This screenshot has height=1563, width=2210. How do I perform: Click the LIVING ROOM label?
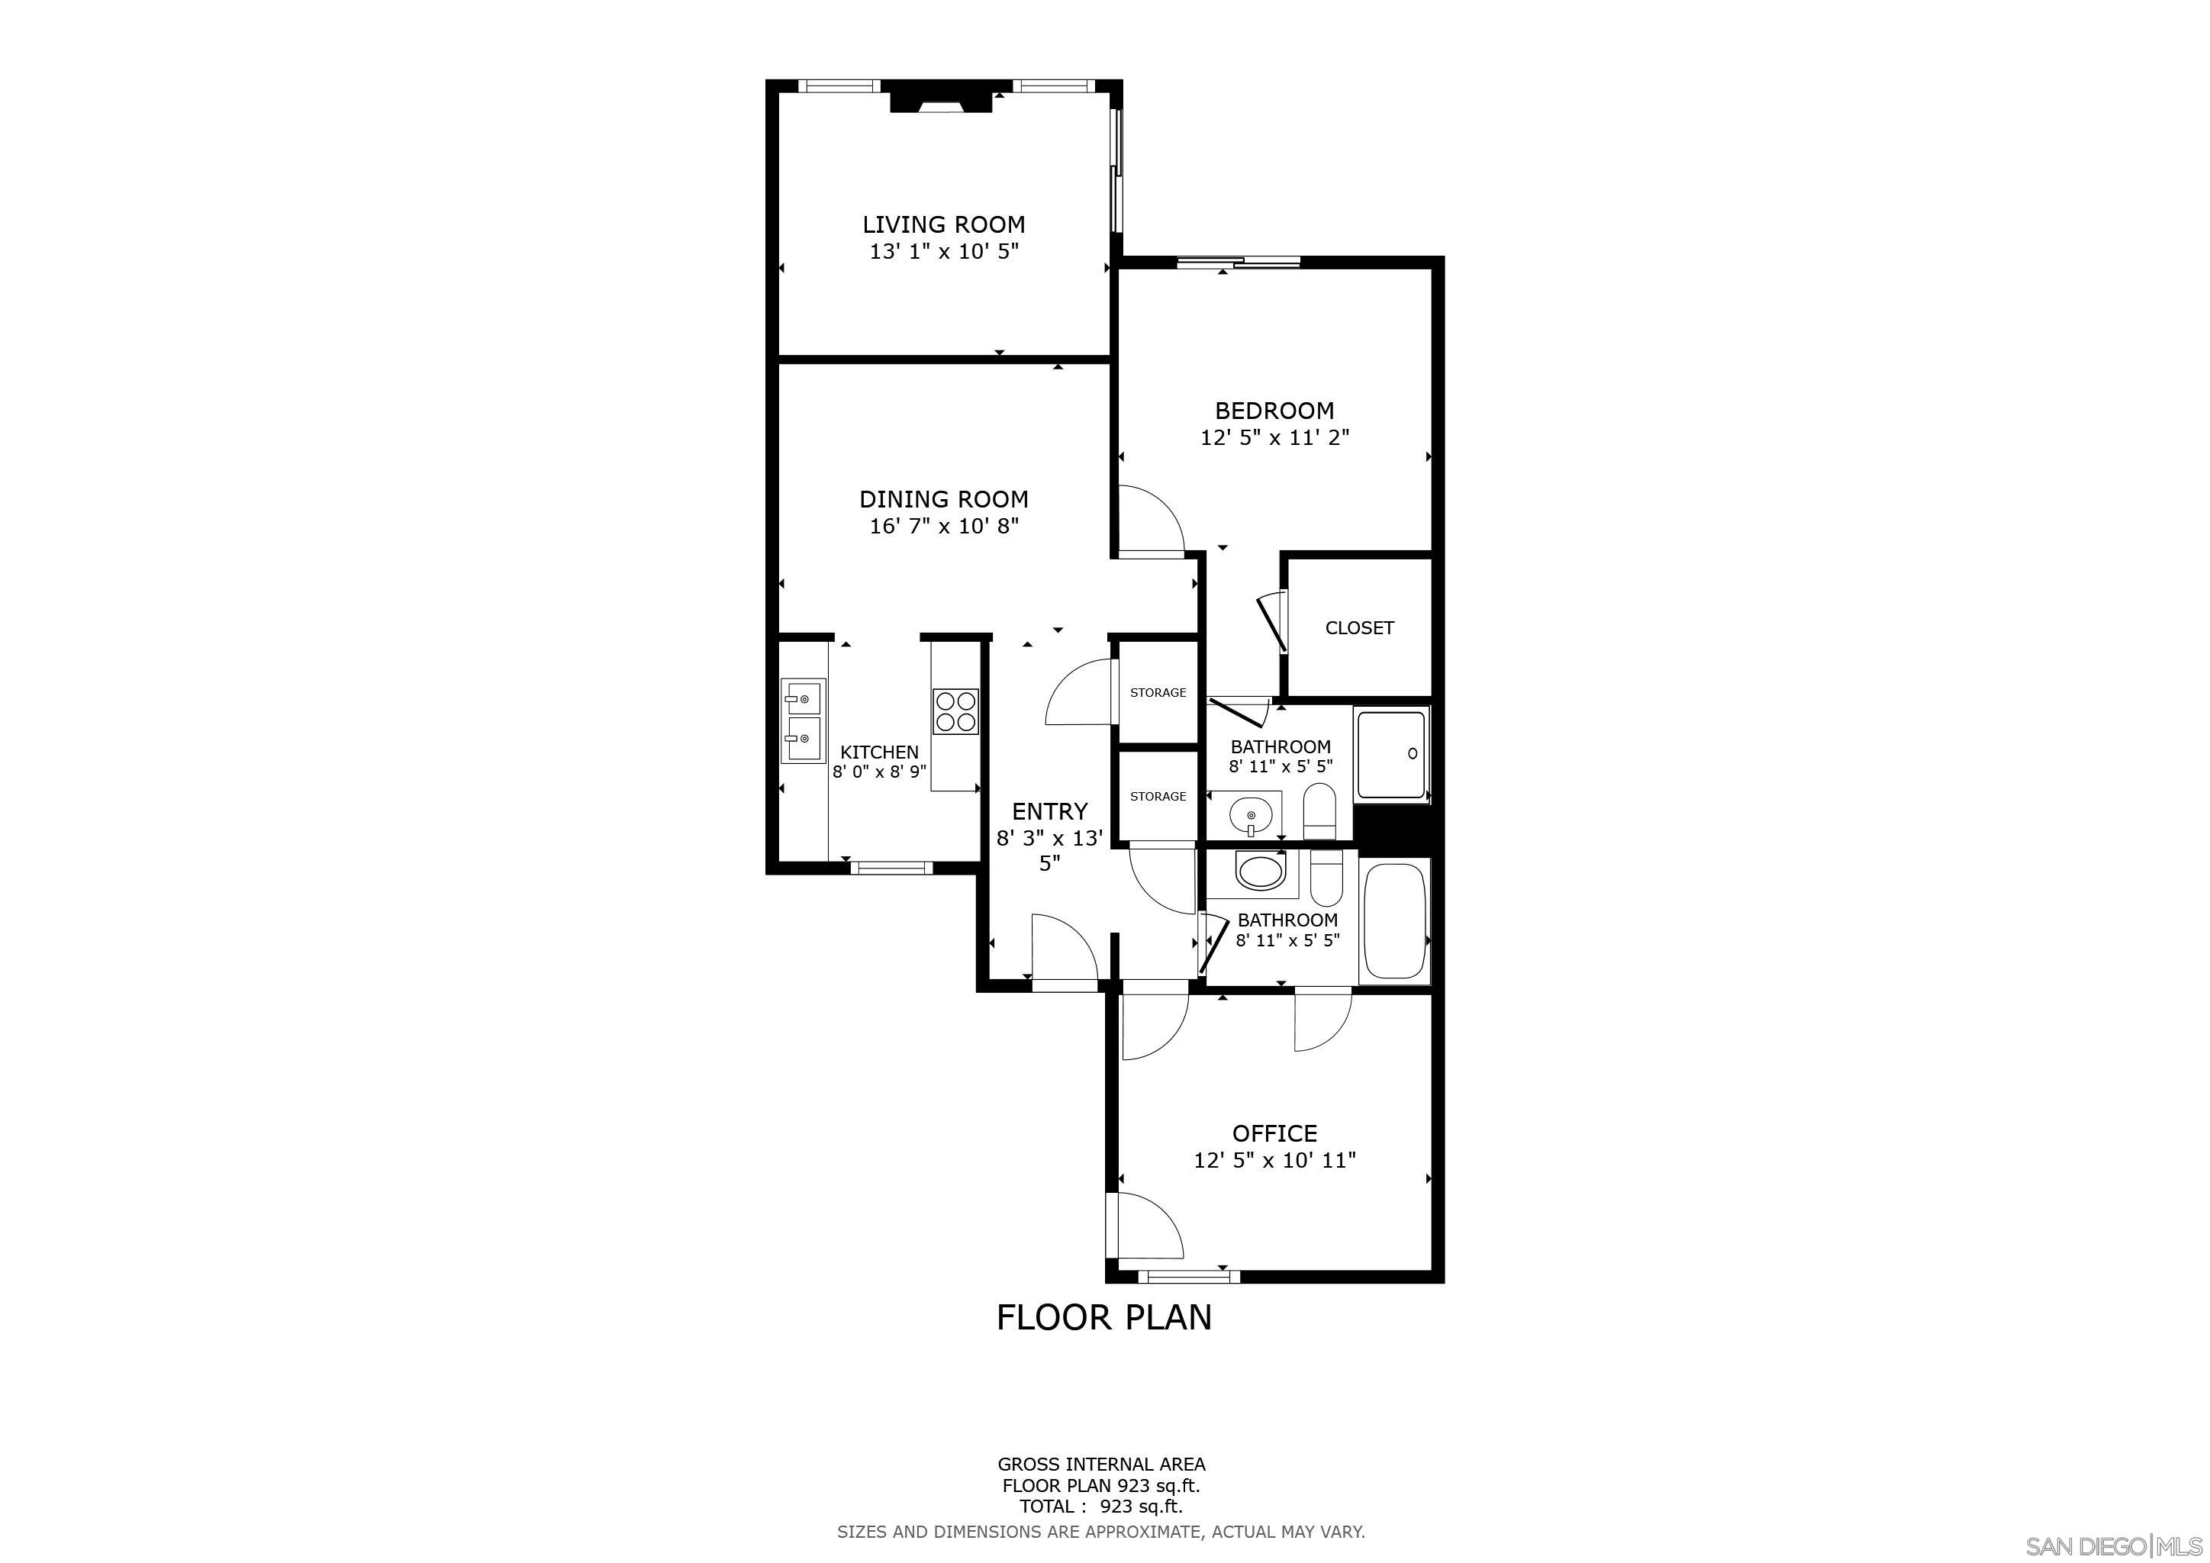[943, 224]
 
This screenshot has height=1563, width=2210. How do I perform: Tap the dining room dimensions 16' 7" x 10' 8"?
[943, 527]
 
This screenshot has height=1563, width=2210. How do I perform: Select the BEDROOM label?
[1274, 411]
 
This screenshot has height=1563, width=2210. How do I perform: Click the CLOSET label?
[1359, 627]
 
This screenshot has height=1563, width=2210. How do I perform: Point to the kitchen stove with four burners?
[955, 712]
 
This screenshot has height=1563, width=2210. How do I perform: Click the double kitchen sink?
[802, 722]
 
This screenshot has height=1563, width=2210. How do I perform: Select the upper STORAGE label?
[1158, 692]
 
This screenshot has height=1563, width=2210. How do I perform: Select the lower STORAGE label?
[1158, 796]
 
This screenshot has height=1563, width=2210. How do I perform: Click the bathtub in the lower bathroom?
[1395, 921]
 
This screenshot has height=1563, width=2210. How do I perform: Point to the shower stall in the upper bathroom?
[1391, 753]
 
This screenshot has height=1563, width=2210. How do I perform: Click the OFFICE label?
[1274, 1133]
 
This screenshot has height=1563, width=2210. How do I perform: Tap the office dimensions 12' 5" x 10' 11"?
[1274, 1160]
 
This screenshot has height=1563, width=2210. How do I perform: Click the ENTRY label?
[1049, 811]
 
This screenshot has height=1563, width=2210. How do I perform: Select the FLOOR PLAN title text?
[1104, 1316]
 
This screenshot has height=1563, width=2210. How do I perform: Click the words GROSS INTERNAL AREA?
[1101, 1464]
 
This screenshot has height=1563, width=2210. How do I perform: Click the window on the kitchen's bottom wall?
[891, 867]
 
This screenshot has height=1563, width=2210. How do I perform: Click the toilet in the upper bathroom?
[1319, 811]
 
